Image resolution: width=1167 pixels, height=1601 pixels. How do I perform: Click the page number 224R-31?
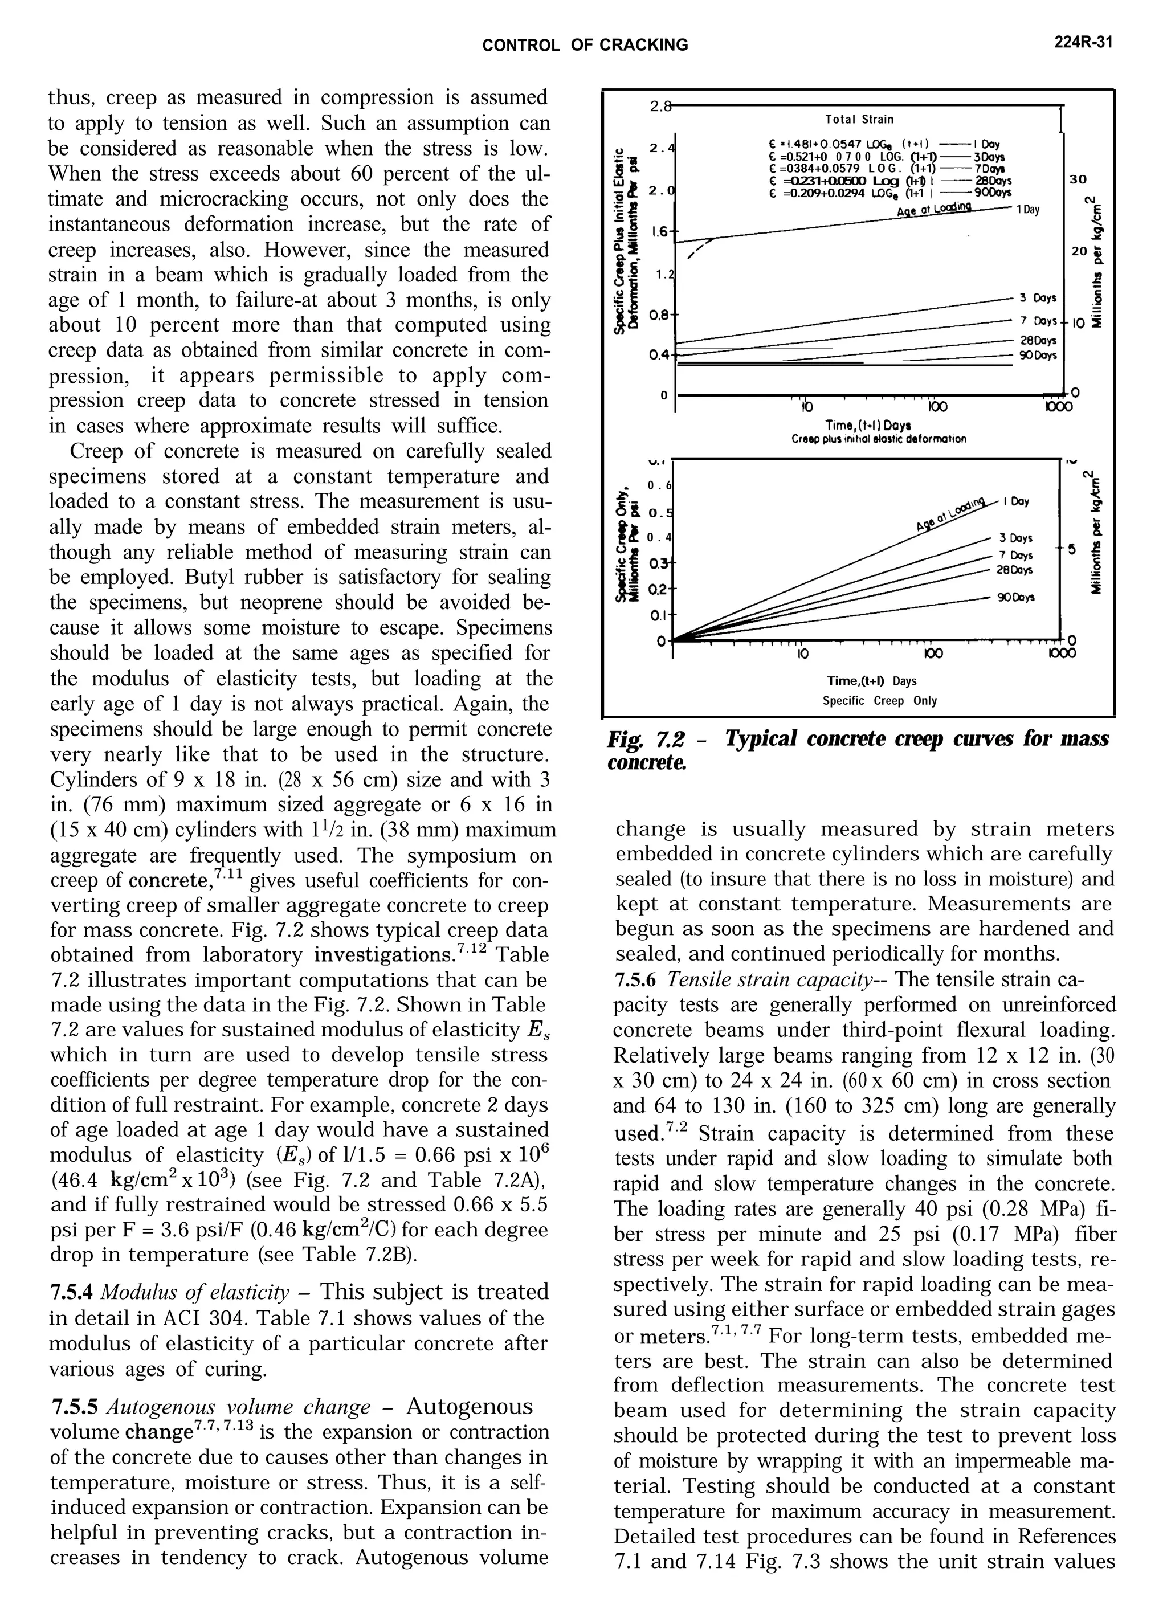click(1084, 43)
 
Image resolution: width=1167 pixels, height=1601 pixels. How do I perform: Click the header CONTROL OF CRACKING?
click(584, 45)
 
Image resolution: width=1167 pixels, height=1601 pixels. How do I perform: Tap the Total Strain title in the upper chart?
click(859, 119)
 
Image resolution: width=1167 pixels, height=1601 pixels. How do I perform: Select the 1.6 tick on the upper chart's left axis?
click(660, 231)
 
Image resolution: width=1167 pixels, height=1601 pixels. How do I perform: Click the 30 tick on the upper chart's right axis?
click(1078, 179)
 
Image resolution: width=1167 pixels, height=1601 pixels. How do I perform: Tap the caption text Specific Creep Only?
click(879, 701)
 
